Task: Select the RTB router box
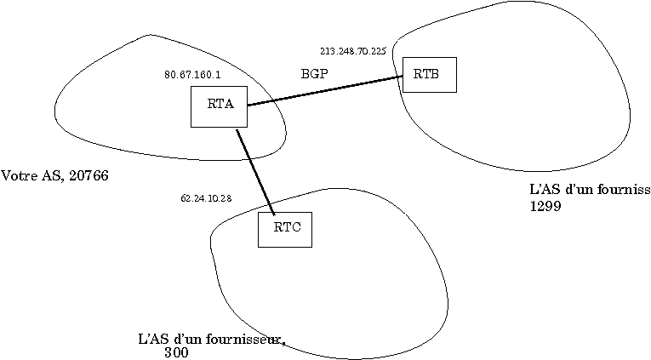tap(429, 74)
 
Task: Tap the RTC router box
tap(284, 229)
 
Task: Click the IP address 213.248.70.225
tap(352, 51)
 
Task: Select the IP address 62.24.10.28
tap(206, 198)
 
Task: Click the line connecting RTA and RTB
tap(323, 91)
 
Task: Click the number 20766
tap(89, 176)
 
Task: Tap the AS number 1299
tap(545, 206)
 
